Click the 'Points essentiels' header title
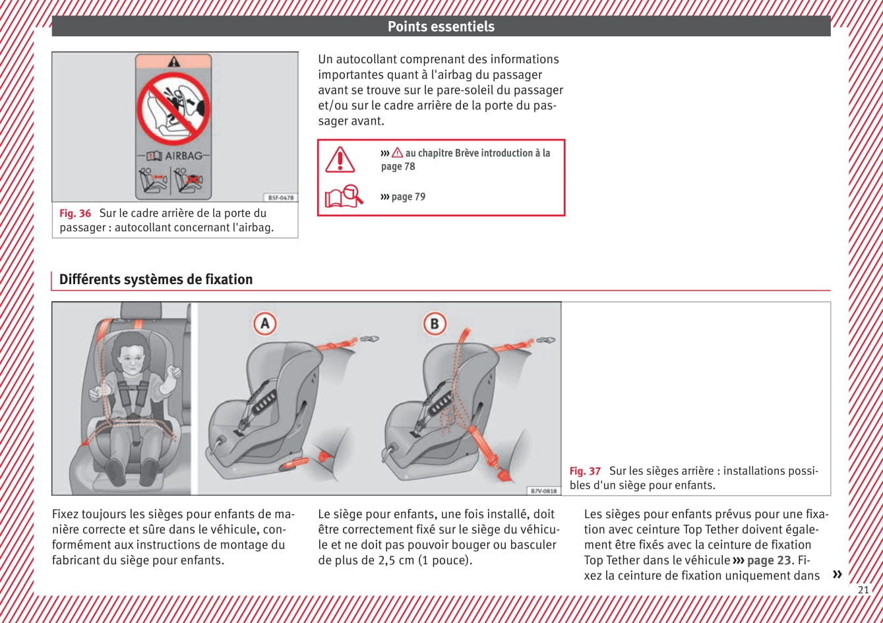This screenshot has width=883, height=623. pyautogui.click(x=441, y=26)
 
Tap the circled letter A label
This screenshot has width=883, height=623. pyautogui.click(x=265, y=324)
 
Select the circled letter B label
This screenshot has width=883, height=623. pyautogui.click(x=434, y=324)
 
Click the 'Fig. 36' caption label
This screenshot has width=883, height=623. pyautogui.click(x=75, y=213)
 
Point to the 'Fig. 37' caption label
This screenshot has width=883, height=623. pyautogui.click(x=585, y=471)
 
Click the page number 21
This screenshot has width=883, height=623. pyautogui.click(x=863, y=590)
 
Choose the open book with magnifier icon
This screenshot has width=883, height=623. pyautogui.click(x=344, y=196)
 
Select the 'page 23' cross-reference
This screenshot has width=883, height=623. pyautogui.click(x=768, y=560)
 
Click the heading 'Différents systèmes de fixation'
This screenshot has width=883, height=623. pyautogui.click(x=156, y=280)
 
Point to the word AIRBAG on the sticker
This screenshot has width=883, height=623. pyautogui.click(x=183, y=156)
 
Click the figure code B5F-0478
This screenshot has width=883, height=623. pyautogui.click(x=281, y=197)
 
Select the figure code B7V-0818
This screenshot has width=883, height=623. pyautogui.click(x=543, y=490)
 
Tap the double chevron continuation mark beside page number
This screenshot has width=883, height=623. pyautogui.click(x=837, y=574)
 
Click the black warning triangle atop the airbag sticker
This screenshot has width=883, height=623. pyautogui.click(x=173, y=62)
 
